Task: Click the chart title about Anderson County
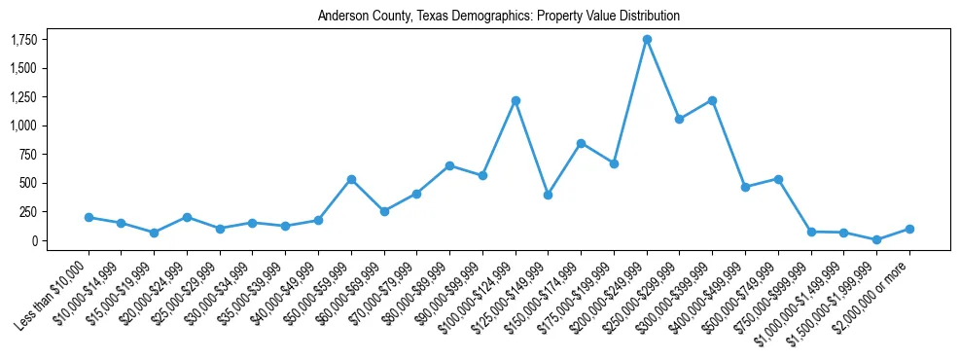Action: [x=498, y=17]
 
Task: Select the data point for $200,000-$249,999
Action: [x=647, y=40]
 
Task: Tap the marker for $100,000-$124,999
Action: [x=516, y=101]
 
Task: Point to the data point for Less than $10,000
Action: [x=89, y=218]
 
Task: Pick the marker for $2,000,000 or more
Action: [x=909, y=230]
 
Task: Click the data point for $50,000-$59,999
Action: [x=351, y=180]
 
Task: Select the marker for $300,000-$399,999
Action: [x=712, y=101]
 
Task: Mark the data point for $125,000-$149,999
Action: [x=549, y=195]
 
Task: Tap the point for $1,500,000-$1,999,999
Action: [x=876, y=239]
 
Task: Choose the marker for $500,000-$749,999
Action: [x=778, y=179]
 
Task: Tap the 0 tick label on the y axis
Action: [x=34, y=240]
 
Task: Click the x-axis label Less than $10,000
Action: [x=54, y=286]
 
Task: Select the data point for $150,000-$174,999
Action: [x=581, y=144]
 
